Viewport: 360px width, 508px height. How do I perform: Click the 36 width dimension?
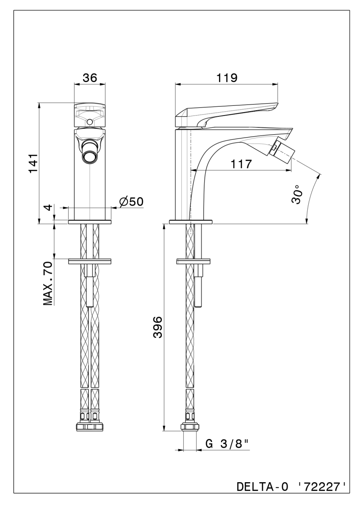pos(90,77)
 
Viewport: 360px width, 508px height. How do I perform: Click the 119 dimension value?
pos(227,77)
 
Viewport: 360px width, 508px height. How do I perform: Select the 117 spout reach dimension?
pos(241,163)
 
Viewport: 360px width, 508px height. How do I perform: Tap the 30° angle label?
pos(298,195)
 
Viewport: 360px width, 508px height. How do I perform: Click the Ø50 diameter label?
pos(131,202)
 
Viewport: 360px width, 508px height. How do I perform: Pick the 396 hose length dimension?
pos(157,327)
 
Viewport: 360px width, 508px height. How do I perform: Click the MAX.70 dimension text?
pos(47,284)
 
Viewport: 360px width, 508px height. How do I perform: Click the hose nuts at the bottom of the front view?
pos(90,426)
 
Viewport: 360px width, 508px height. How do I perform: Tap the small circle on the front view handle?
pos(89,122)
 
